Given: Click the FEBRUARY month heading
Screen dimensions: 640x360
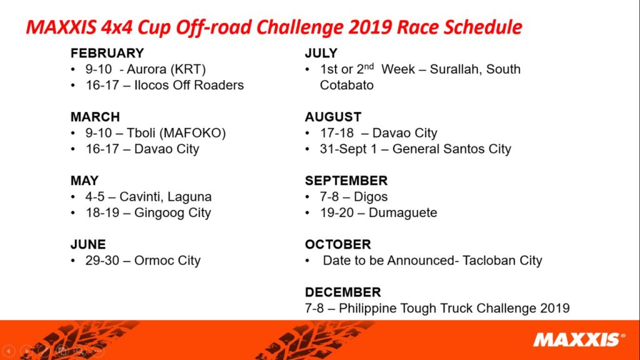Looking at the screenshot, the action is (107, 53).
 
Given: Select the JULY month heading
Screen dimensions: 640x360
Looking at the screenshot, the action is (321, 53).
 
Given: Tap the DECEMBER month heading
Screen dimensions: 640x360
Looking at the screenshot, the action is (343, 292).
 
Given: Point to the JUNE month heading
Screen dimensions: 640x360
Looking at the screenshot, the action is (88, 244).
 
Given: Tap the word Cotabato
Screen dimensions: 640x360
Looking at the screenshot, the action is (346, 85).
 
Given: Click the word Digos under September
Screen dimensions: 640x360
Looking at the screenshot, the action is (371, 197).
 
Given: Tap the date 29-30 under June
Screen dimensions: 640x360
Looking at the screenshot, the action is (102, 261).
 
